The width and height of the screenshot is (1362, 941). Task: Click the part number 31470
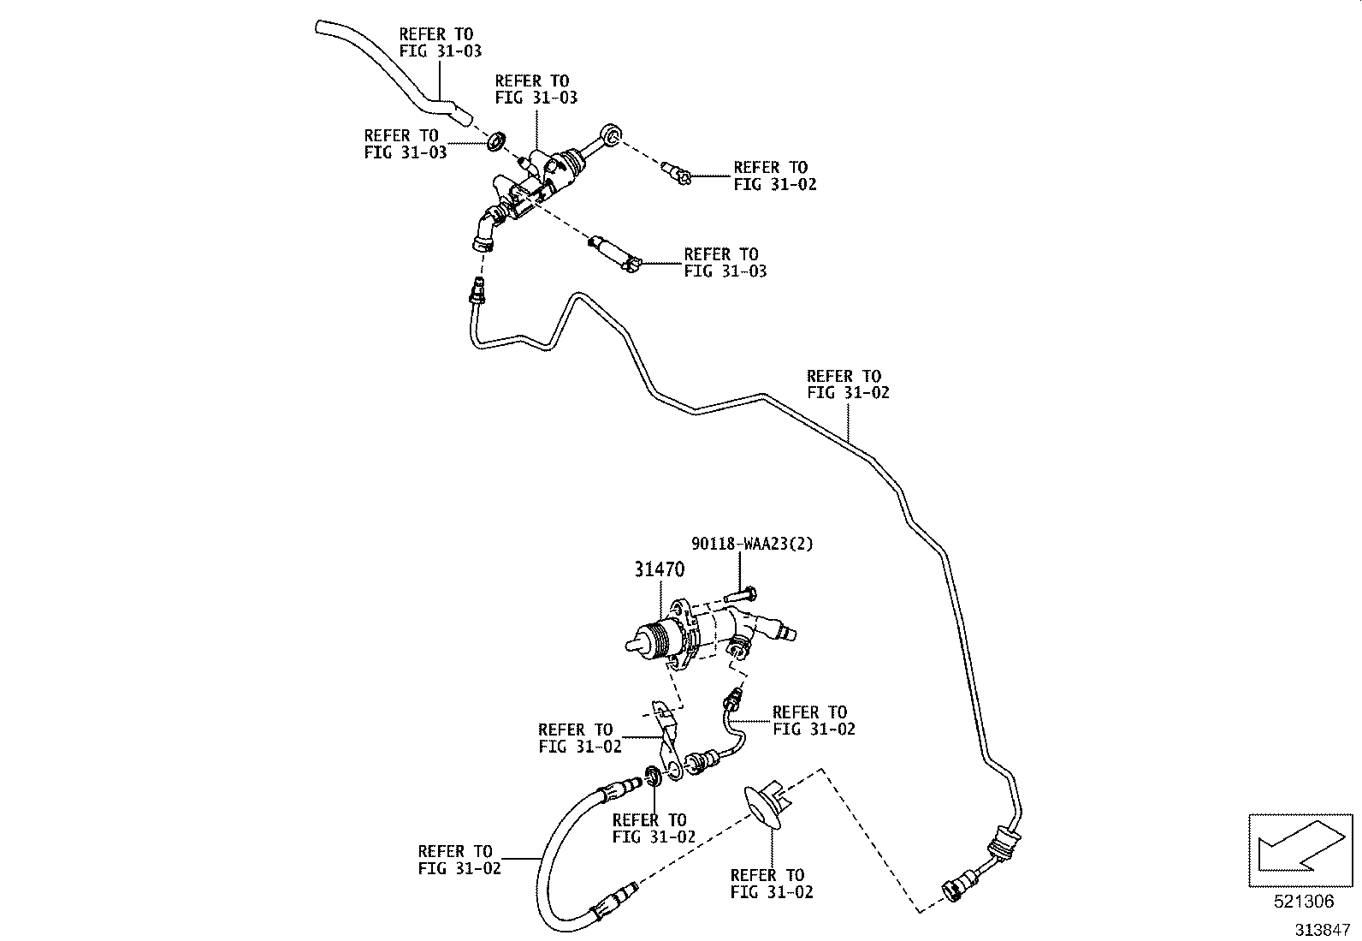(659, 569)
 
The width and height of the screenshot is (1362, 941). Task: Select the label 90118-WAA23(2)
(752, 543)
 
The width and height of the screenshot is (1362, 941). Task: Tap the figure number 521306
(1304, 902)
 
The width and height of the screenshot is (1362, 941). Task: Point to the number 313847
(1322, 930)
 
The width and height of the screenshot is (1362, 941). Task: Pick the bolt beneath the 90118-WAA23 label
(741, 594)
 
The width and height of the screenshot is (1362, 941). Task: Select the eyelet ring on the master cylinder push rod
(611, 134)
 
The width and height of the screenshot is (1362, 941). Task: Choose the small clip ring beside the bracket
(654, 777)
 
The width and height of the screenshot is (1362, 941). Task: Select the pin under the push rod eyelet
(676, 173)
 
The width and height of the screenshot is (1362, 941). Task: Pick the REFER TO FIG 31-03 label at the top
(440, 43)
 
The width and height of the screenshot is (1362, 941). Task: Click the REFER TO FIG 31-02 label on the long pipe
(848, 384)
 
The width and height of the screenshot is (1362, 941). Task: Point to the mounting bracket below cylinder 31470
(668, 740)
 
